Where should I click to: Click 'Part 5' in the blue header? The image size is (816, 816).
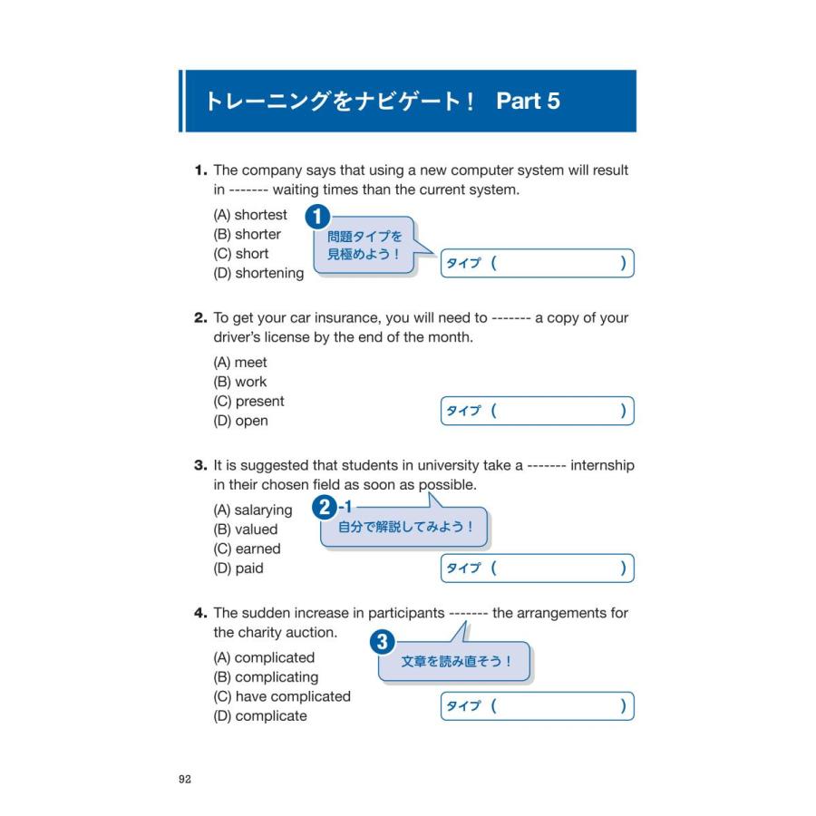tap(528, 102)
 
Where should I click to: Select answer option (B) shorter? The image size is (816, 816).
tap(247, 235)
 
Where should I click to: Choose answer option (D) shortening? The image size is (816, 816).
tap(258, 274)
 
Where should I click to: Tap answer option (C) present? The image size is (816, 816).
tap(248, 402)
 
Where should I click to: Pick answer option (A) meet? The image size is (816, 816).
tap(240, 363)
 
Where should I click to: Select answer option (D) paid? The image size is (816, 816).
tap(238, 568)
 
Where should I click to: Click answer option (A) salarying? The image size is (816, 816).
tap(252, 510)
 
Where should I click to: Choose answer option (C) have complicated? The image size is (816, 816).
tap(281, 696)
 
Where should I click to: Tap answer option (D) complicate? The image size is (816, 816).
tap(259, 716)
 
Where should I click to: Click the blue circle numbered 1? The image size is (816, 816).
tap(316, 217)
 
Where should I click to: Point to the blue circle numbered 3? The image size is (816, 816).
tap(383, 643)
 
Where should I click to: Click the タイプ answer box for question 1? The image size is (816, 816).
tap(537, 264)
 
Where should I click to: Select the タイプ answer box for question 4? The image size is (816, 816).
tap(537, 706)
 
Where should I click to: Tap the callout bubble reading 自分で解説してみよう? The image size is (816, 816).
tap(404, 528)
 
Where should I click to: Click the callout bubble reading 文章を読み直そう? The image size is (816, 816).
tap(455, 663)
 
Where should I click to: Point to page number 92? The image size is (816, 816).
tap(185, 779)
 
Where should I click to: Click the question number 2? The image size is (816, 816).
tap(200, 318)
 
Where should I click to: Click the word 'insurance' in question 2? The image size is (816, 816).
tap(325, 318)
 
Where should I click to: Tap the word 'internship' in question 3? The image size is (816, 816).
tap(602, 466)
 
